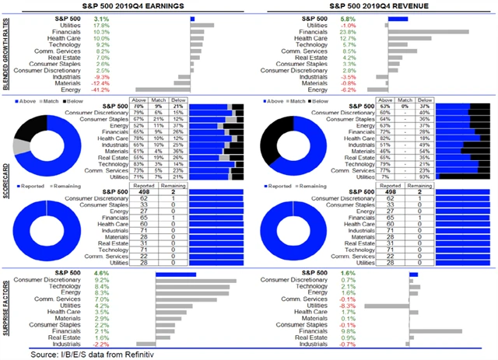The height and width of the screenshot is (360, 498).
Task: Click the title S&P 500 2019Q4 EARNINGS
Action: coord(126,6)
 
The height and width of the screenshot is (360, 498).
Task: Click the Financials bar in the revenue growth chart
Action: coord(428,32)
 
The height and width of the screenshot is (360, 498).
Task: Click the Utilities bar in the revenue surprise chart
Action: coord(398,306)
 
